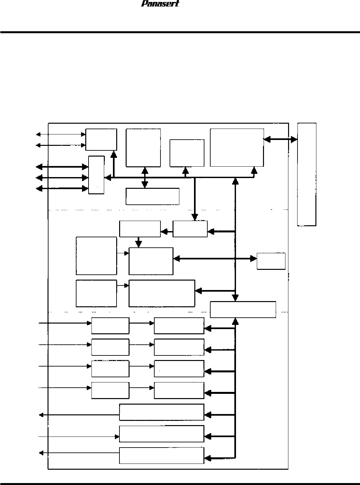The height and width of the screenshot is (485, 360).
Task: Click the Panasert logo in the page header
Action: tap(160, 4)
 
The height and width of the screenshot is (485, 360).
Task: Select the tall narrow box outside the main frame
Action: tap(307, 174)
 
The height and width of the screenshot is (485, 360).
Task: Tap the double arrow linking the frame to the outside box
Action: tap(280, 140)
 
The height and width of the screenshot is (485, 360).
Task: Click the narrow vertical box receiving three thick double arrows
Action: tap(96, 175)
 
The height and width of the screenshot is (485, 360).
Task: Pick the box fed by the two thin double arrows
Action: tap(101, 139)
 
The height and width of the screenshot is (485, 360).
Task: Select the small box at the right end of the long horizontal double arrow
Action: tap(271, 261)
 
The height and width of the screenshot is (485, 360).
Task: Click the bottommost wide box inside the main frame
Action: tap(161, 455)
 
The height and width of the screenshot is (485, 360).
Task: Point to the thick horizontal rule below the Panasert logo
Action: tap(180, 32)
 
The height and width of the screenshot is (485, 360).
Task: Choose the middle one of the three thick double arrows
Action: tap(62, 178)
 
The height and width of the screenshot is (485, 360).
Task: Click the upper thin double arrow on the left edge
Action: tap(61, 134)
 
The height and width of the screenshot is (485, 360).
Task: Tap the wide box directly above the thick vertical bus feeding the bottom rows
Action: tap(243, 310)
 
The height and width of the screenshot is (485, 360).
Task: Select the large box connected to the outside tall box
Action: tap(237, 147)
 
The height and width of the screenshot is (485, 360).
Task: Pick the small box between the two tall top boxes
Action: tap(187, 153)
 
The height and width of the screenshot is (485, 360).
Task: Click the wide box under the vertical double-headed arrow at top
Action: tap(152, 196)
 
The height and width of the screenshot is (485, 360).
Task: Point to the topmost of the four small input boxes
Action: tap(110, 326)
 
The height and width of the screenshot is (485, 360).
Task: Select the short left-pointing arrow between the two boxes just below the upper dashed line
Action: tap(166, 232)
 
